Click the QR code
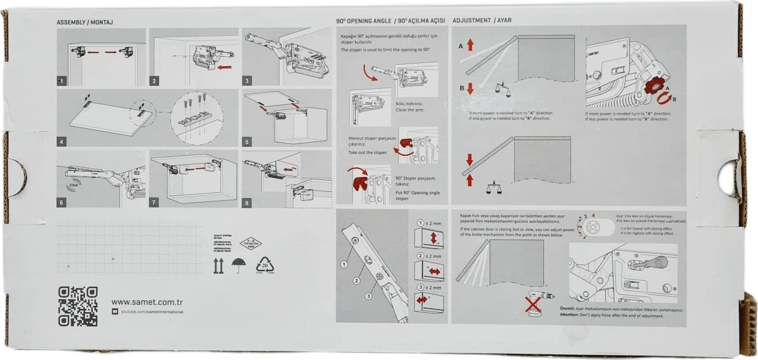(x=78, y=306)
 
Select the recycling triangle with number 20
(x=265, y=265)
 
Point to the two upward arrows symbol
(x=219, y=265)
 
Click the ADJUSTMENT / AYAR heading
(x=482, y=20)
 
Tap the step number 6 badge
(x=62, y=201)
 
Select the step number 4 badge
(x=62, y=141)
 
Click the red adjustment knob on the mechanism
(x=655, y=88)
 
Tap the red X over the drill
(x=532, y=305)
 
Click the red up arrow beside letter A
(x=471, y=44)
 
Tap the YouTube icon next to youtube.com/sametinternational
(x=115, y=312)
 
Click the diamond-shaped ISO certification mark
(x=250, y=243)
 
